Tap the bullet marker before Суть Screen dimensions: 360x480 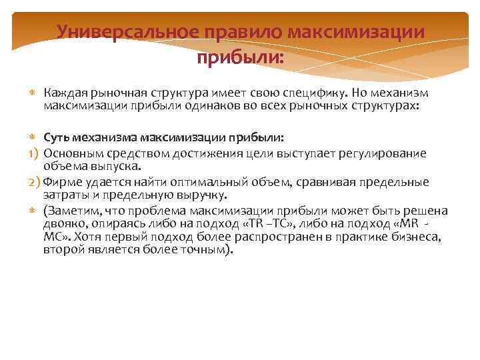click(x=32, y=138)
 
